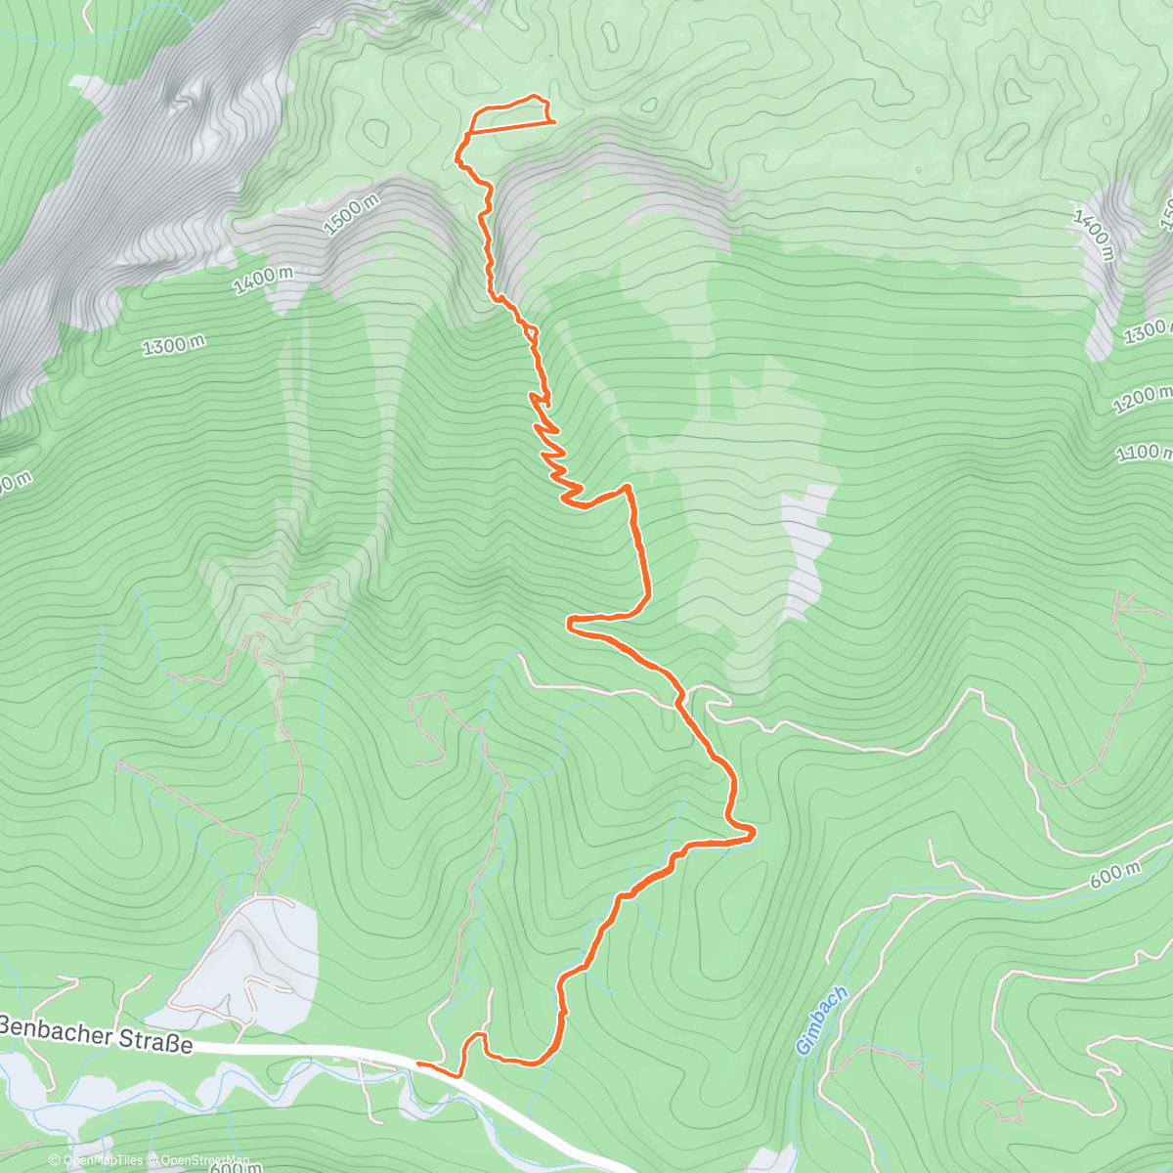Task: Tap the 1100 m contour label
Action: (x=1145, y=453)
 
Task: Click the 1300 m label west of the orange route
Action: (x=173, y=344)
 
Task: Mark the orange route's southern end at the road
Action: (x=420, y=1063)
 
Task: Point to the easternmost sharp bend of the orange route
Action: (x=753, y=834)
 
